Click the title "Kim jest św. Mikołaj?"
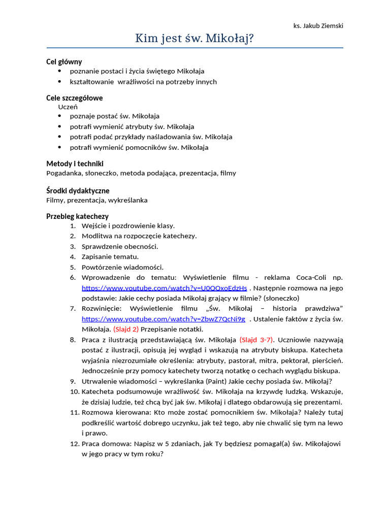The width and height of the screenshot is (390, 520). click(x=194, y=39)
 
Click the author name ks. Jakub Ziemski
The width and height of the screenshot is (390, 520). click(x=318, y=26)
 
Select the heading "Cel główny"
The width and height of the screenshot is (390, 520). click(x=64, y=61)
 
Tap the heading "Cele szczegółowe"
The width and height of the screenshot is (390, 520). click(x=74, y=98)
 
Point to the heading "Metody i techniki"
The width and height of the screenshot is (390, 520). click(x=75, y=164)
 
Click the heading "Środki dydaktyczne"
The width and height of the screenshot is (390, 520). click(x=78, y=190)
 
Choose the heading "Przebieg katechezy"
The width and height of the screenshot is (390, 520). click(x=77, y=216)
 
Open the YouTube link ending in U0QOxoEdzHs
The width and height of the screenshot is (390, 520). click(x=164, y=288)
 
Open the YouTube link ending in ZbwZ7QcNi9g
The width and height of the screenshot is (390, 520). click(x=163, y=319)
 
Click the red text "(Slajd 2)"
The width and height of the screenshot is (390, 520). click(x=126, y=329)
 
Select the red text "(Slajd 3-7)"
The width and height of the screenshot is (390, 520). click(x=256, y=340)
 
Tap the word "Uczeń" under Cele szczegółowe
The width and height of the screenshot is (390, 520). click(x=68, y=107)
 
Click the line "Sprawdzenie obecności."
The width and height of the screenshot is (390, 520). click(x=120, y=246)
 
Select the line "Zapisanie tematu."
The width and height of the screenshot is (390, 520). click(x=110, y=256)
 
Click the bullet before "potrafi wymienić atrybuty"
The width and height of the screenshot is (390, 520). click(x=59, y=126)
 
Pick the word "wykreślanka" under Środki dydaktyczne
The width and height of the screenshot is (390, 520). click(x=129, y=200)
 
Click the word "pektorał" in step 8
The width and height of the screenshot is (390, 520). click(x=285, y=361)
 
